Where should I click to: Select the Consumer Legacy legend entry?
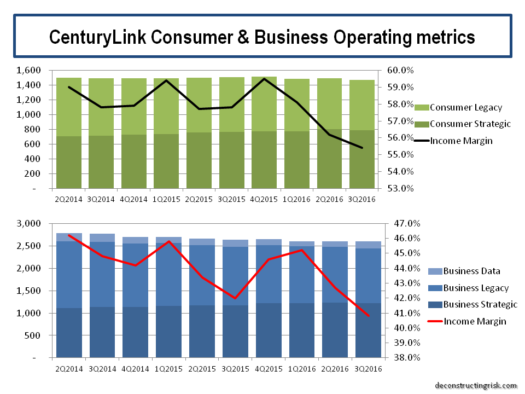pyautogui.click(x=465, y=107)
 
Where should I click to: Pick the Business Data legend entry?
pyautogui.click(x=471, y=271)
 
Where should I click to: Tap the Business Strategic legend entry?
pyautogui.click(x=480, y=304)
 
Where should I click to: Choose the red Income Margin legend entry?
pyautogui.click(x=474, y=321)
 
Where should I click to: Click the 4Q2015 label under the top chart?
pyautogui.click(x=264, y=199)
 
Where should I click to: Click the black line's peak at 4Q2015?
pyautogui.click(x=264, y=79)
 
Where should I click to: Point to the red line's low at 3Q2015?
pyautogui.click(x=235, y=298)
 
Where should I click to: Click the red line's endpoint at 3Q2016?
pyautogui.click(x=367, y=316)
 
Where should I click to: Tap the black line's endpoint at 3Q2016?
pyautogui.click(x=362, y=148)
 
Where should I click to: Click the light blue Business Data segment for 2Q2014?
pyautogui.click(x=68, y=237)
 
